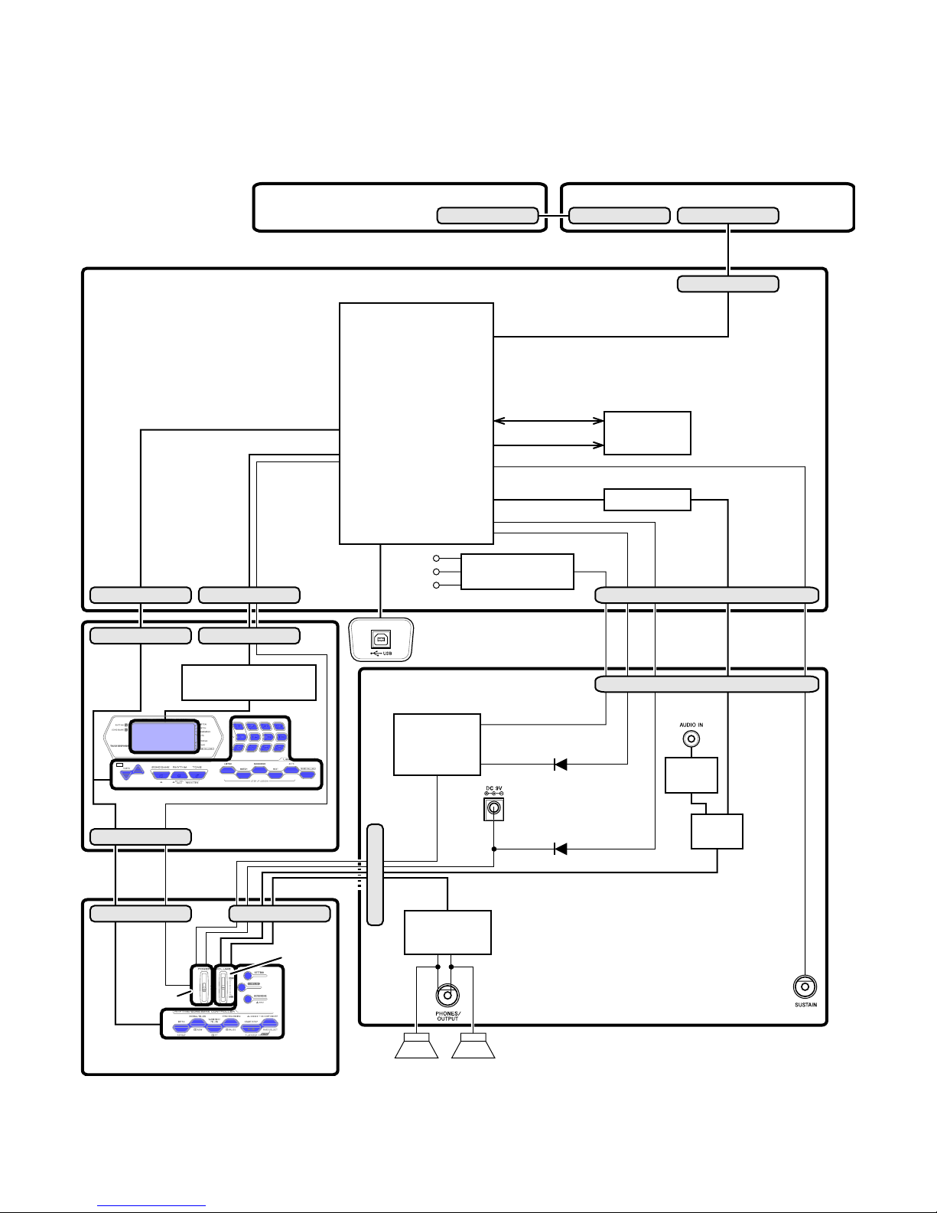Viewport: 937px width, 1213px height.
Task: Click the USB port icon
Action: click(x=381, y=640)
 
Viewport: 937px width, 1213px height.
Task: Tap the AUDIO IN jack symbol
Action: click(x=691, y=739)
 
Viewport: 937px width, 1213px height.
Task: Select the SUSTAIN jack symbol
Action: click(x=805, y=986)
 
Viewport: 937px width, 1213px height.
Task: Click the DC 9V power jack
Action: click(x=494, y=808)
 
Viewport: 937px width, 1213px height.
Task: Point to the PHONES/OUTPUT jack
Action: click(x=447, y=996)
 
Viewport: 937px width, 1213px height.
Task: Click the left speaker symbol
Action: click(x=416, y=1047)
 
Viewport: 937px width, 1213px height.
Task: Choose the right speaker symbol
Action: click(x=473, y=1047)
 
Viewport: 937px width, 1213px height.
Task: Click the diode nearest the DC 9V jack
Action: click(x=561, y=849)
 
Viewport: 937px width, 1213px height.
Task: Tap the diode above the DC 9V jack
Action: click(x=561, y=764)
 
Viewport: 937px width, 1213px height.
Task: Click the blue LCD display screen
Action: click(x=163, y=736)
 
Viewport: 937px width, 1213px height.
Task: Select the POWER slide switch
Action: click(x=203, y=986)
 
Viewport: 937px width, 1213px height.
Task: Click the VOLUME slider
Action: click(x=223, y=986)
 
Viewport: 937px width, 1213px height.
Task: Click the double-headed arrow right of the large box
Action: click(x=548, y=420)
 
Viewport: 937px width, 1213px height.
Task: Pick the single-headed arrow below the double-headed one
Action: click(x=548, y=445)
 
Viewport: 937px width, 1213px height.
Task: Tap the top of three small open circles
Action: click(x=436, y=559)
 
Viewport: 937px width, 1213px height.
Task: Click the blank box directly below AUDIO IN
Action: click(x=691, y=775)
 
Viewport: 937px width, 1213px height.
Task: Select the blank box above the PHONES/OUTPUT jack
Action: click(x=447, y=932)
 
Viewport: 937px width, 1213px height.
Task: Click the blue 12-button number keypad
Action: click(x=260, y=737)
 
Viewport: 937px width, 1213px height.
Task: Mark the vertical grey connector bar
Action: click(x=375, y=875)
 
